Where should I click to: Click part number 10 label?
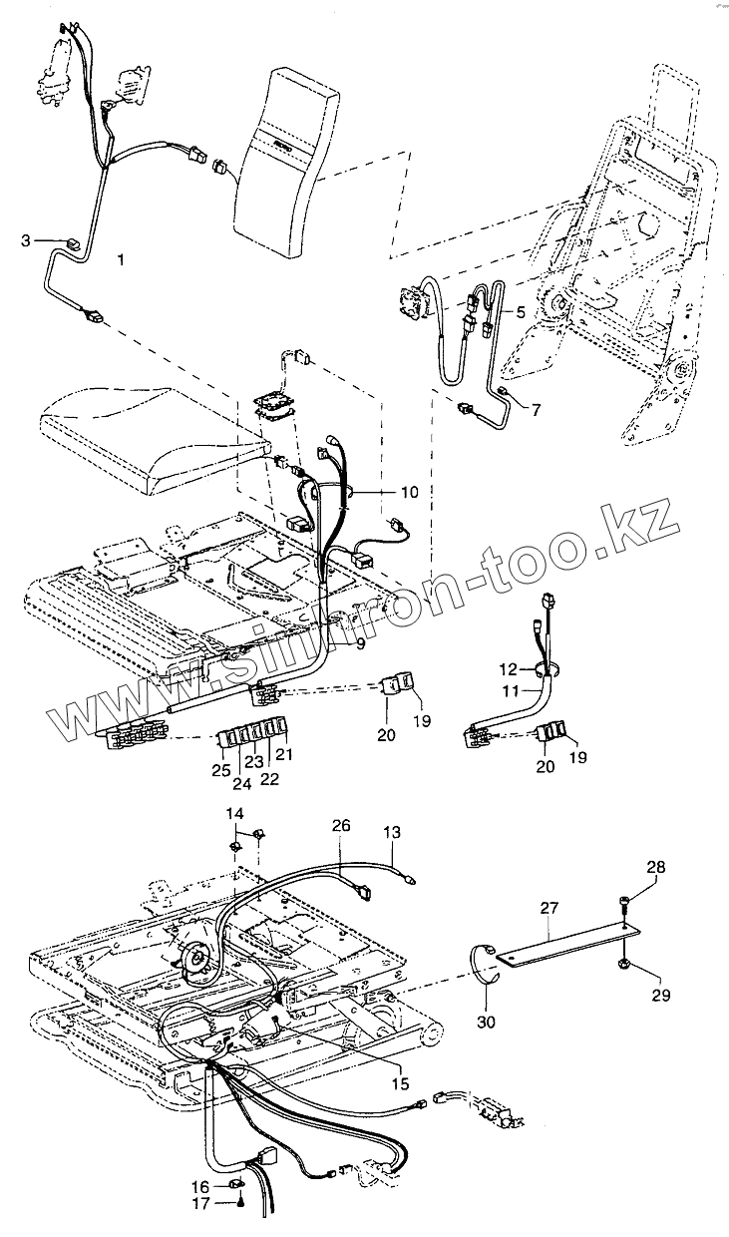pyautogui.click(x=409, y=492)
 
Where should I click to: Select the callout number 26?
pyautogui.click(x=341, y=826)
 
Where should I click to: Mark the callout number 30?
pyautogui.click(x=488, y=1022)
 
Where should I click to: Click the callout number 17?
pyautogui.click(x=198, y=1204)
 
